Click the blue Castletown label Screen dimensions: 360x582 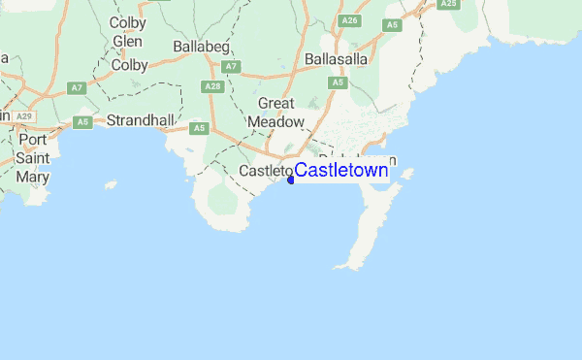coord(341,172)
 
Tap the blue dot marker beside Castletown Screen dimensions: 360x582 coord(291,180)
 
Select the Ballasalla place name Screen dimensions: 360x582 coord(337,59)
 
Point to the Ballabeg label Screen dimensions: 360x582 coord(201,46)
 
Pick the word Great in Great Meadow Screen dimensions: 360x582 coord(276,103)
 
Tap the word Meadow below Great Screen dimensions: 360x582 coord(276,122)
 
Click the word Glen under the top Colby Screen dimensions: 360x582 coord(128,42)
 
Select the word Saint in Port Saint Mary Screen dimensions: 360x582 coord(32,158)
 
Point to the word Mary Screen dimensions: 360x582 coord(32,177)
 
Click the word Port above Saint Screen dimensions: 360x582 coord(32,139)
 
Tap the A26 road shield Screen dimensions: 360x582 coord(350,20)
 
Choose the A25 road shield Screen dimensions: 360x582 coord(447,4)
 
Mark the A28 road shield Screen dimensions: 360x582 coord(214,86)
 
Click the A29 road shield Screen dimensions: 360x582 coord(24,116)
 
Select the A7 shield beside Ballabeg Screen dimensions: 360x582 coord(230,66)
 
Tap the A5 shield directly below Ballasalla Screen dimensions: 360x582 coord(338,82)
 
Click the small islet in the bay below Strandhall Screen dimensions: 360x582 coord(111,184)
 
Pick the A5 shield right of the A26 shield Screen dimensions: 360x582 coord(392,25)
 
